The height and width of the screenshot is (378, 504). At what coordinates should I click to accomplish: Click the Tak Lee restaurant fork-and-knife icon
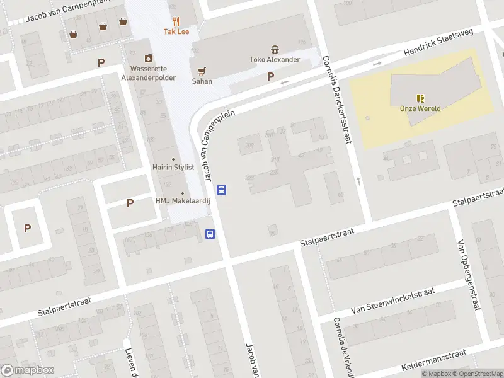click(x=176, y=21)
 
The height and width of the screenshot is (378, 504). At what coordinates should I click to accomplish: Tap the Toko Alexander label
click(x=275, y=60)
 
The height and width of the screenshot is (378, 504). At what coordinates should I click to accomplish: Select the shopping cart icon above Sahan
click(x=202, y=71)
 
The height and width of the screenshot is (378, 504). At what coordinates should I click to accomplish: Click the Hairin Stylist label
click(x=173, y=168)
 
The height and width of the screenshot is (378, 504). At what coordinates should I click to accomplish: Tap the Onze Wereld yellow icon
click(x=420, y=98)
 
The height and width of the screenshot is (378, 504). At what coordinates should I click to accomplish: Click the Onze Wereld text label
click(x=420, y=108)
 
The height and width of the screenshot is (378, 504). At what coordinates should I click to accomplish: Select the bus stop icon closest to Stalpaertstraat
click(x=210, y=234)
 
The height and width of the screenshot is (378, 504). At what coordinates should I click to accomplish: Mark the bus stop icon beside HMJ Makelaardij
click(x=222, y=189)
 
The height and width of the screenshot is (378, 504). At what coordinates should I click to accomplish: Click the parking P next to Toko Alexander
click(x=271, y=77)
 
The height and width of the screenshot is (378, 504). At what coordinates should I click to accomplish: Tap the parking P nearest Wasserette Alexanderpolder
click(x=101, y=62)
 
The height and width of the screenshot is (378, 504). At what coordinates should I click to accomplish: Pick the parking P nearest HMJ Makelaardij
click(x=130, y=203)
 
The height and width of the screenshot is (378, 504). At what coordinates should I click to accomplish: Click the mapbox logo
click(x=28, y=370)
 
